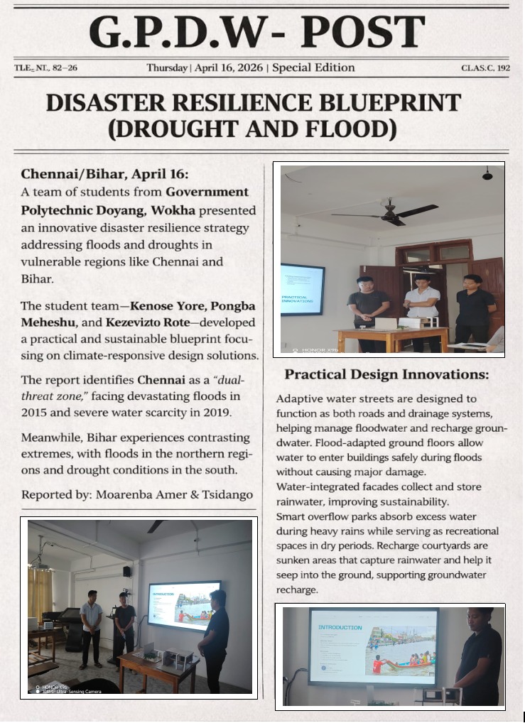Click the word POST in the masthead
(362, 32)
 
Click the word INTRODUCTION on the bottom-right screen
(340, 628)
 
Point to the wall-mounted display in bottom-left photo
(184, 606)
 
